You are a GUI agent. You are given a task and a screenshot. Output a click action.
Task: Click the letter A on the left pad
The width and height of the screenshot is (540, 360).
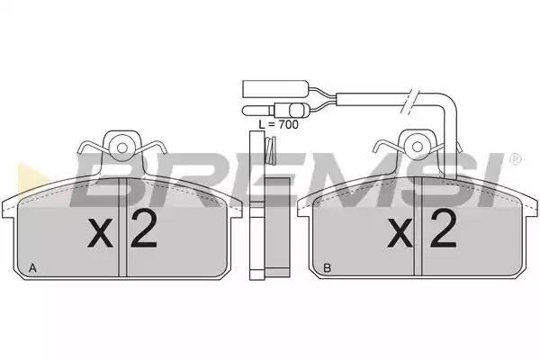coord(33,267)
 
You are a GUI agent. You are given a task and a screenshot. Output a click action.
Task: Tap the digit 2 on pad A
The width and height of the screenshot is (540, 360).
coord(143,232)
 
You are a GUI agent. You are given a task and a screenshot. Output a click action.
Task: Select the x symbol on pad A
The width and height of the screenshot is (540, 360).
coord(102,236)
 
